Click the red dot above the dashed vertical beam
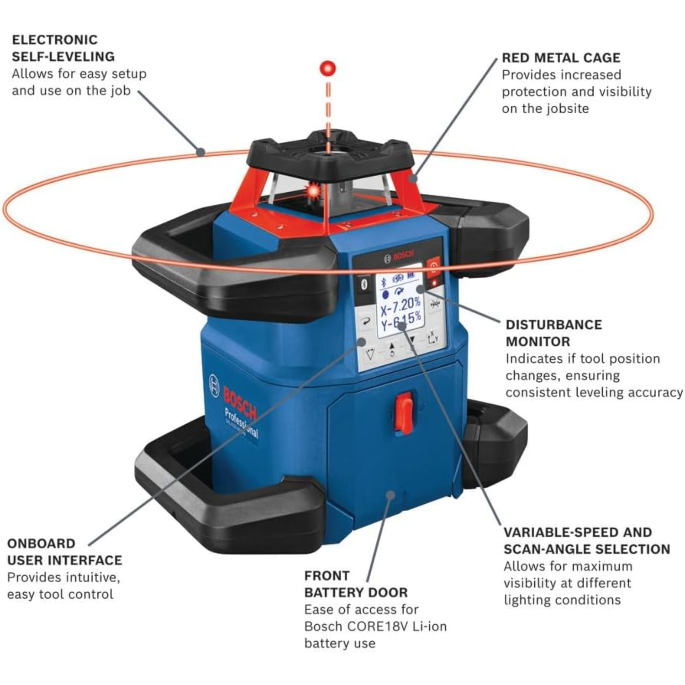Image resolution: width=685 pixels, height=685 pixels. [x=327, y=68]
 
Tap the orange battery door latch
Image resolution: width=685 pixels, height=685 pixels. [x=404, y=413]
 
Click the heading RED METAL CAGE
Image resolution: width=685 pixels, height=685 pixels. [x=561, y=58]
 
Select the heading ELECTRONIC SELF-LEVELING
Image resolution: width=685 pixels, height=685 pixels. [x=63, y=48]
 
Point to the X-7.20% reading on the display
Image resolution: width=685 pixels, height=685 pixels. [x=400, y=305]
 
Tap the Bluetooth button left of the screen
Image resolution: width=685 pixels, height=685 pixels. [x=364, y=284]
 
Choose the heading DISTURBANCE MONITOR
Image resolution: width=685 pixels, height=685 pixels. [x=553, y=333]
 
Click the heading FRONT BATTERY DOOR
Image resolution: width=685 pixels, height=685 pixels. [x=356, y=584]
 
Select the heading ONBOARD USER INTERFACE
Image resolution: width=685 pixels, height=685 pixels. [x=64, y=552]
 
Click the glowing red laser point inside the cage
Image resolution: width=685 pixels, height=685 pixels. [x=314, y=190]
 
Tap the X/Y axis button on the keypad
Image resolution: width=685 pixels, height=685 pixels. [x=432, y=338]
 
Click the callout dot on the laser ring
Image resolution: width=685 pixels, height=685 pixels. [x=200, y=152]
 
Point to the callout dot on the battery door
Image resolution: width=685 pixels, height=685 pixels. [x=390, y=495]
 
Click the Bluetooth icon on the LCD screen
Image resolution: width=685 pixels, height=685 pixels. [x=384, y=283]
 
